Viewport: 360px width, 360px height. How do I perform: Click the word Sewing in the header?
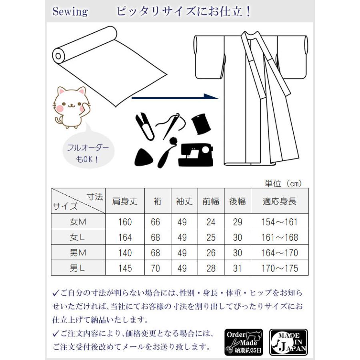point(70,11)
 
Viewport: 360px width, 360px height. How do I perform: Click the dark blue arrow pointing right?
point(176,97)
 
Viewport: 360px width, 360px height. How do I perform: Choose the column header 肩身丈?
point(125,201)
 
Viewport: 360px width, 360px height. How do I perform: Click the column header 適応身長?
point(280,201)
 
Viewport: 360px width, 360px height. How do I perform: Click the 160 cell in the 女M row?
point(125,222)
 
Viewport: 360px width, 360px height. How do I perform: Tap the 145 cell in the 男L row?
point(125,268)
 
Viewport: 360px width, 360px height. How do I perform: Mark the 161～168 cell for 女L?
point(280,237)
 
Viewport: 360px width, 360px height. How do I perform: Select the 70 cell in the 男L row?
point(156,268)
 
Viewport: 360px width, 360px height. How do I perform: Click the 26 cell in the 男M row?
point(211,253)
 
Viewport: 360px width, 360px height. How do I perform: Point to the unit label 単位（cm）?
point(283,183)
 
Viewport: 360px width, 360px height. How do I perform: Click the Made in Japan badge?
point(288,342)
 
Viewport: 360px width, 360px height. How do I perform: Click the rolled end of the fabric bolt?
point(58,54)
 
